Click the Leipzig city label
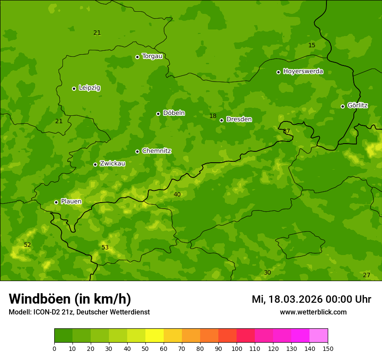pyautogui.click(x=89, y=88)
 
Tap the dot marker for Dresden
pyautogui.click(x=221, y=120)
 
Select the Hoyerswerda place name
pyautogui.click(x=303, y=72)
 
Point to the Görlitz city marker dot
pyautogui.click(x=342, y=106)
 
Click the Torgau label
pyautogui.click(x=152, y=56)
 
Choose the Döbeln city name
pyautogui.click(x=174, y=113)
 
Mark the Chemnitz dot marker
pyautogui.click(x=137, y=151)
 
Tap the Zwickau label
pyautogui.click(x=112, y=164)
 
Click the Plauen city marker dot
pyautogui.click(x=56, y=202)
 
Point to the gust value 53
pyautogui.click(x=105, y=248)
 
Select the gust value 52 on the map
pyautogui.click(x=27, y=245)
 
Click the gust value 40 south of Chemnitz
pyautogui.click(x=177, y=195)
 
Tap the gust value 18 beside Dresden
pyautogui.click(x=213, y=116)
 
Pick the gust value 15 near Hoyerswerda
pyautogui.click(x=312, y=46)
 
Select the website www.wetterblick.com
pyautogui.click(x=313, y=312)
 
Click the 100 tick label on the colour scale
pyautogui.click(x=237, y=349)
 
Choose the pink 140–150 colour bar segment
pyautogui.click(x=319, y=336)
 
